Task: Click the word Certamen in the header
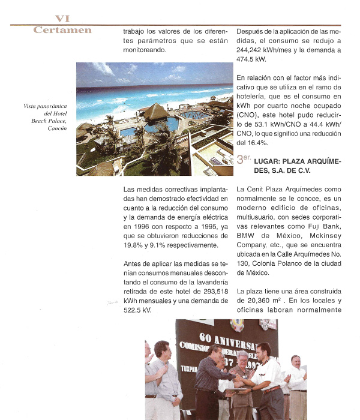click(62, 30)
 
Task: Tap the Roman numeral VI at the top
click(63, 19)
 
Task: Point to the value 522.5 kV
click(137, 310)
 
